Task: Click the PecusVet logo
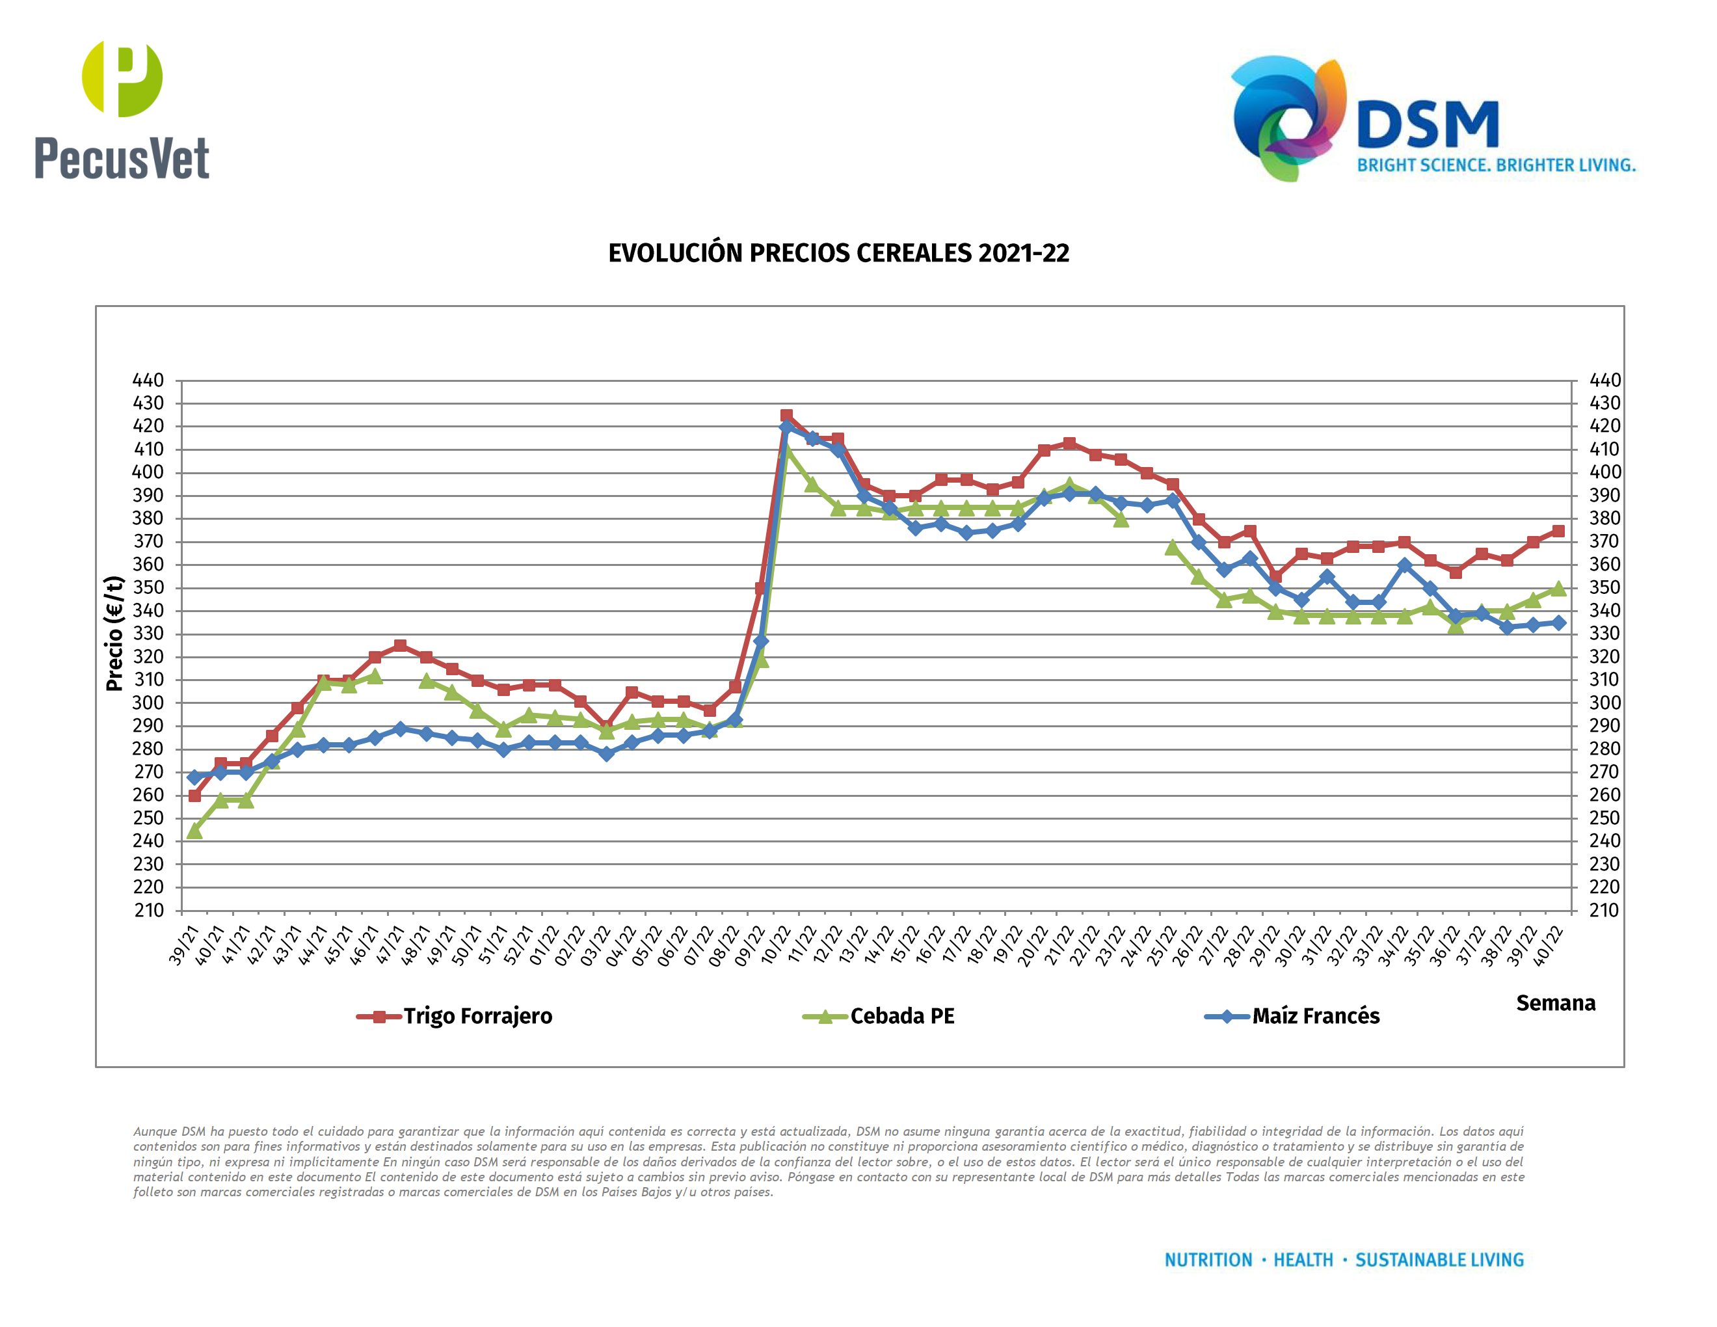pyautogui.click(x=122, y=110)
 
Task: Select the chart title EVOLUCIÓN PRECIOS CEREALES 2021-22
pyautogui.click(x=838, y=253)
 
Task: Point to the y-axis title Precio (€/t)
pyautogui.click(x=114, y=634)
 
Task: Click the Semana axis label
pyautogui.click(x=1555, y=1003)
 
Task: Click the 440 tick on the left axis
pyautogui.click(x=148, y=381)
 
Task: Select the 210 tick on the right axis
pyautogui.click(x=1604, y=910)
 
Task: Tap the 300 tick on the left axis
pyautogui.click(x=148, y=703)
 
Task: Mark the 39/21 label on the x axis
pyautogui.click(x=184, y=945)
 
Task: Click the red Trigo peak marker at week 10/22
pyautogui.click(x=786, y=415)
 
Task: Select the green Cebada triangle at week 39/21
pyautogui.click(x=194, y=830)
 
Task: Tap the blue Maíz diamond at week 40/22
pyautogui.click(x=1558, y=623)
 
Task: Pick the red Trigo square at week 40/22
pyautogui.click(x=1558, y=531)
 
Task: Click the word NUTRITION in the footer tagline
pyautogui.click(x=1208, y=1260)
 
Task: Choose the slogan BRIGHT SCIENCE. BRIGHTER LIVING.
pyautogui.click(x=1496, y=165)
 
